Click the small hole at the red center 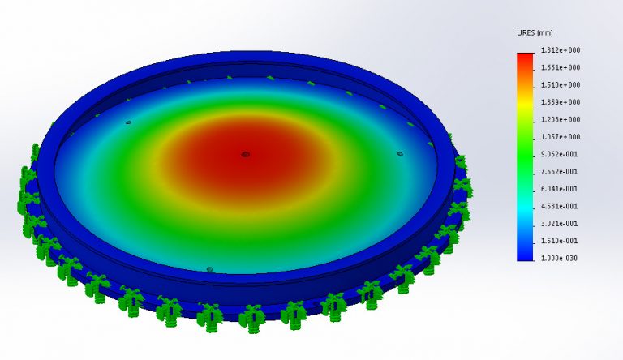pyautogui.click(x=245, y=153)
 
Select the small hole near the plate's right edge pyautogui.click(x=399, y=152)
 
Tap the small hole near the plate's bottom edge pyautogui.click(x=209, y=268)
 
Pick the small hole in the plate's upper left pyautogui.click(x=128, y=123)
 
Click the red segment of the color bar pyautogui.click(x=526, y=58)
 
